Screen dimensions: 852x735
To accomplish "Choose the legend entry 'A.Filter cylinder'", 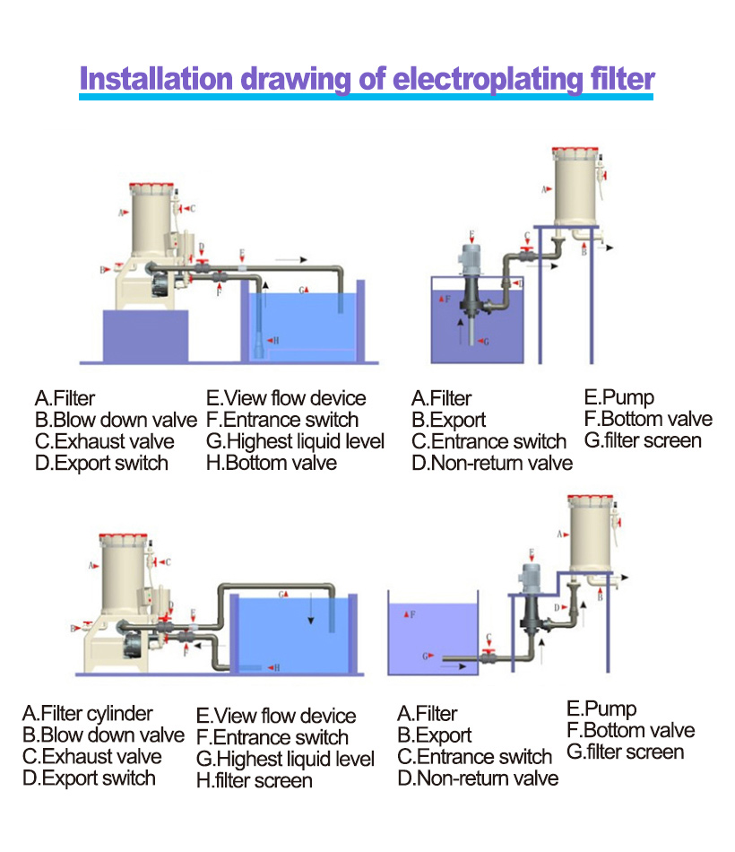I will [87, 714].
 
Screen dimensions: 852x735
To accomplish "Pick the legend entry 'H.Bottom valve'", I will [272, 463].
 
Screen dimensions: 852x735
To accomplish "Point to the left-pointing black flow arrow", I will [206, 643].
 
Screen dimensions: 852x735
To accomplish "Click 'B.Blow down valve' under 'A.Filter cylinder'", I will [103, 735].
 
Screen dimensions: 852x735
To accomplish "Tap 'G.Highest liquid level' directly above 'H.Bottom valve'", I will [295, 441].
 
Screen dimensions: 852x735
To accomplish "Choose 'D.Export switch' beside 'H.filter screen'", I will [89, 778].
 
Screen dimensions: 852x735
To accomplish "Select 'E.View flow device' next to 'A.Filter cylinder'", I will [276, 716].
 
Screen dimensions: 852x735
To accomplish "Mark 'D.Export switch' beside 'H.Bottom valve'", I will [101, 463].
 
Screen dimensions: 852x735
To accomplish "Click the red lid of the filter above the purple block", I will [153, 188].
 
